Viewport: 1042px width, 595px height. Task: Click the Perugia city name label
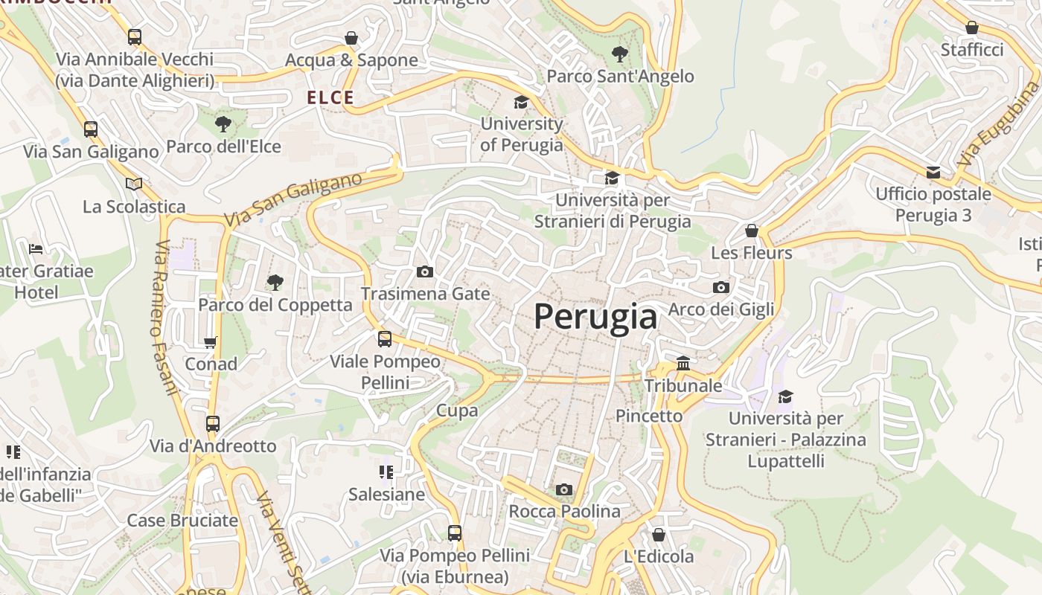click(x=595, y=317)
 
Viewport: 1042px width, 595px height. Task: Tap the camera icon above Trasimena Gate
click(x=425, y=271)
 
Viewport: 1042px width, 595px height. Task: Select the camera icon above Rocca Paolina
click(x=564, y=489)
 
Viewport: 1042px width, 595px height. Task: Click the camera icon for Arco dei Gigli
click(x=720, y=287)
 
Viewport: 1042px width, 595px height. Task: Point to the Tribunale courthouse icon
click(x=683, y=363)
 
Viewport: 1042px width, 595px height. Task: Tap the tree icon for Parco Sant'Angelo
click(x=619, y=54)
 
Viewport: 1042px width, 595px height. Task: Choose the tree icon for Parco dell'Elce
click(x=223, y=124)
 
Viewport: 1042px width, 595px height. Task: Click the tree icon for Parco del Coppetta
click(x=275, y=282)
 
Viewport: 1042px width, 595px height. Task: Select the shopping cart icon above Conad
click(x=211, y=342)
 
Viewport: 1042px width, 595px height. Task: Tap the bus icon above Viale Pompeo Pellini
click(x=385, y=339)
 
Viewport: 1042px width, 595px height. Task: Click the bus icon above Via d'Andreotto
click(x=213, y=424)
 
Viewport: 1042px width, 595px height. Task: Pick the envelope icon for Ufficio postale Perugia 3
click(x=933, y=173)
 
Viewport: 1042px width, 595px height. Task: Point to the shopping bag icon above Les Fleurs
click(x=752, y=231)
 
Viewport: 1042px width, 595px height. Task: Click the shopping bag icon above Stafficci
click(x=972, y=28)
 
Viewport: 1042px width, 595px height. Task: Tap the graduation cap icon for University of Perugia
click(x=521, y=102)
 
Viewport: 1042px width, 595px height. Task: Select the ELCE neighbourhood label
click(x=330, y=97)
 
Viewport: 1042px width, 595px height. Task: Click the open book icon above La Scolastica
click(x=134, y=184)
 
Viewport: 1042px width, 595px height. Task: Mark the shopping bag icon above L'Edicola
click(x=659, y=534)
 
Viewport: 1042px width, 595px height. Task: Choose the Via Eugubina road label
click(x=989, y=135)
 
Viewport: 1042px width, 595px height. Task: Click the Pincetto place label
click(x=649, y=416)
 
